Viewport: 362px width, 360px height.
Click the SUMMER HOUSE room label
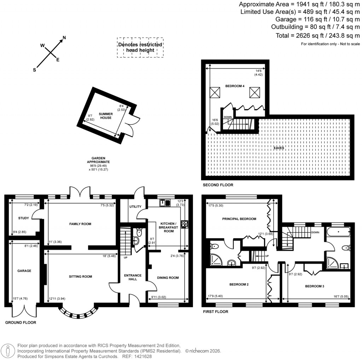point(105,116)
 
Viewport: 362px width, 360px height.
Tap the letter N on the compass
point(64,37)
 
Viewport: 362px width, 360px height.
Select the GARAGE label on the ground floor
point(24,271)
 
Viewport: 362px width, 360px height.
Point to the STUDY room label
point(23,218)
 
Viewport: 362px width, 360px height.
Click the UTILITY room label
point(135,207)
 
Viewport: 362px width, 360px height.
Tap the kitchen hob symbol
point(184,224)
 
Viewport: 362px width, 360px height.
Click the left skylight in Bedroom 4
point(215,93)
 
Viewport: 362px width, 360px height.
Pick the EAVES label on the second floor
point(278,148)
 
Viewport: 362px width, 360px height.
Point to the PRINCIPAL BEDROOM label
point(239,219)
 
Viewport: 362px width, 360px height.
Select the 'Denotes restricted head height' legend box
point(140,47)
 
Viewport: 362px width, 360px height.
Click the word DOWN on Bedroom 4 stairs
point(228,117)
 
